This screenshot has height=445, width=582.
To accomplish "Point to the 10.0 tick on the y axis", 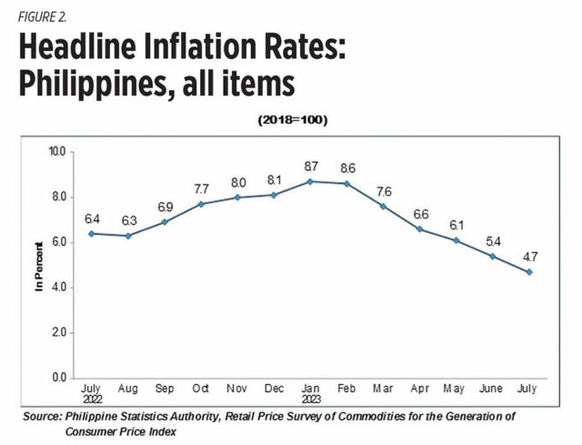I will click(x=56, y=151).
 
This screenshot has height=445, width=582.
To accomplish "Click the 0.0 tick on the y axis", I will click(x=58, y=378).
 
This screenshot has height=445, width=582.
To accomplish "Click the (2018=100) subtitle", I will click(x=294, y=120).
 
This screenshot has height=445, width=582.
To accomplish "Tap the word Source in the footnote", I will click(x=43, y=416).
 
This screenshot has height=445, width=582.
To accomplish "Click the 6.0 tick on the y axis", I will click(x=58, y=242).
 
